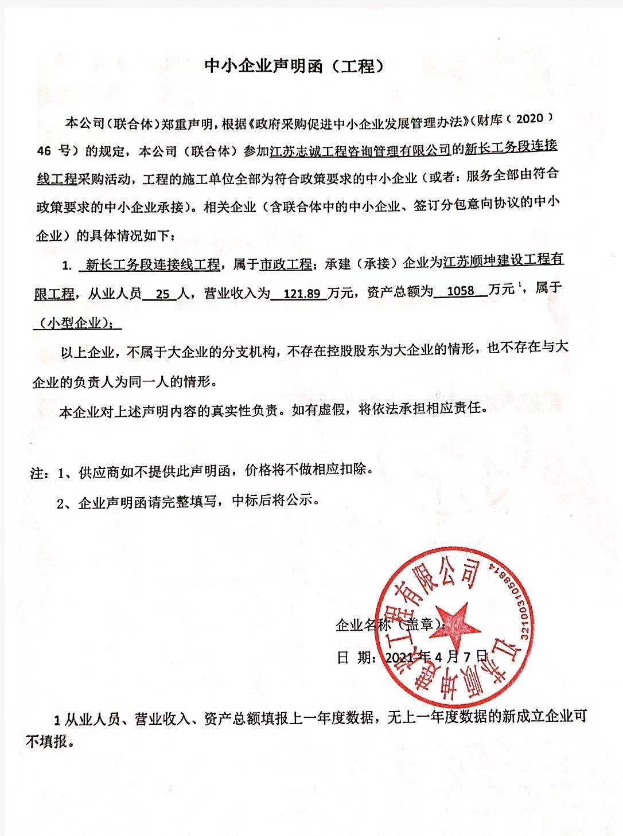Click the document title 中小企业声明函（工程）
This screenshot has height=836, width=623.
pyautogui.click(x=293, y=67)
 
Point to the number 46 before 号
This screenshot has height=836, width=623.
pyautogui.click(x=44, y=151)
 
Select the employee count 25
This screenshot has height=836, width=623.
pyautogui.click(x=163, y=293)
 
